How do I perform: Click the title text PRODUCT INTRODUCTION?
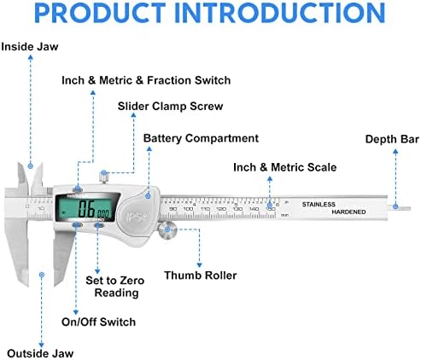pyautogui.click(x=210, y=14)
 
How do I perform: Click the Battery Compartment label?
pyautogui.click(x=201, y=137)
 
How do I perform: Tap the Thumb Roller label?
pyautogui.click(x=201, y=275)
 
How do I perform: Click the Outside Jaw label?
pyautogui.click(x=40, y=352)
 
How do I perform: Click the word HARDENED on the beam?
pyautogui.click(x=348, y=211)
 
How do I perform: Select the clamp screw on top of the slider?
pyautogui.click(x=103, y=177)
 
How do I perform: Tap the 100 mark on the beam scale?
pyautogui.click(x=188, y=207)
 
